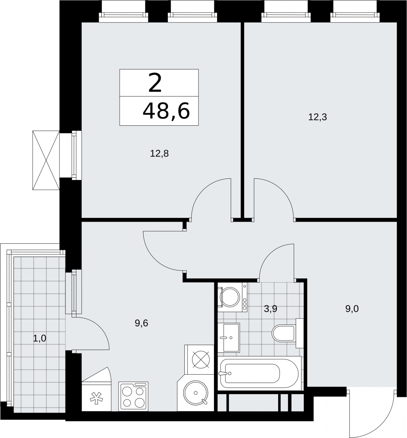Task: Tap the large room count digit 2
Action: tap(155, 83)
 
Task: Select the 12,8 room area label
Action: tap(159, 153)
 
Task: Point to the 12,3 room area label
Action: tap(317, 117)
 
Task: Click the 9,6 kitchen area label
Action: tap(141, 323)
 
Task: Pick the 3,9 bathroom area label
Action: tap(271, 309)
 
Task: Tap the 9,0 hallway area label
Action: tap(352, 309)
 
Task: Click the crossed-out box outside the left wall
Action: tap(46, 160)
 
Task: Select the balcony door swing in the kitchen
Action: tap(102, 328)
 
